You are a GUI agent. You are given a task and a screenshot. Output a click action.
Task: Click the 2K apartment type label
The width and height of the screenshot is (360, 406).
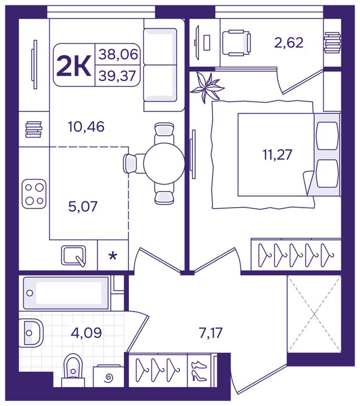pos(74,66)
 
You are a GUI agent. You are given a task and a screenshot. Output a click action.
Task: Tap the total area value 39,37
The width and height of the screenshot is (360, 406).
pos(117,75)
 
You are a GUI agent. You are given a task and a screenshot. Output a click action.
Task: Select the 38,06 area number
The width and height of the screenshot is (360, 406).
pos(118,55)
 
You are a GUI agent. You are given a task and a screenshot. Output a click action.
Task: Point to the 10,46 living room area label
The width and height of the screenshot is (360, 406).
pos(86,126)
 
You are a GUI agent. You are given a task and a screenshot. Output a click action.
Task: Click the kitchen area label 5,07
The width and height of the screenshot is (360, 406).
pos(82,206)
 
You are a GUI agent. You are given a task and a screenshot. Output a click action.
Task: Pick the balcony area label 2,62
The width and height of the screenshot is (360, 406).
pos(289,42)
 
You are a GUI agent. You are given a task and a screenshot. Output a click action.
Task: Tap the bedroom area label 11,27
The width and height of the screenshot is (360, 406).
pos(277,155)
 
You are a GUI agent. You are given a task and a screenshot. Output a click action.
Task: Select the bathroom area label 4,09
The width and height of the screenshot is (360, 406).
pos(86,332)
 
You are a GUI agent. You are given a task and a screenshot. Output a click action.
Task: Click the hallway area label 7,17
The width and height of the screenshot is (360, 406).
pos(211,332)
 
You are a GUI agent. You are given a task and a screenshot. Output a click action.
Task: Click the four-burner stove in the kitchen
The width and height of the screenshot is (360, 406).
pos(34,194)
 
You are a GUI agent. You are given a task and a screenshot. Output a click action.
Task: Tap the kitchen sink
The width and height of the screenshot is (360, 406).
pos(74,256)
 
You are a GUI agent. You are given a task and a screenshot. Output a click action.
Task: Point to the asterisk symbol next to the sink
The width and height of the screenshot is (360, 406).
pos(113,256)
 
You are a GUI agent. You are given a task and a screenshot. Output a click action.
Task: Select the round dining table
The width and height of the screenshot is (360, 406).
pos(164,164)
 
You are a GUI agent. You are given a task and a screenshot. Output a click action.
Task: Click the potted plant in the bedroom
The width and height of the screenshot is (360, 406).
pos(207,88)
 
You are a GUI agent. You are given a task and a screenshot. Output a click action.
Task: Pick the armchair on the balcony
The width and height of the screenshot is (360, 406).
pos(236,43)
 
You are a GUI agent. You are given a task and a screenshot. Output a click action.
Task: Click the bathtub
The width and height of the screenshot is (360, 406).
pos(66,293)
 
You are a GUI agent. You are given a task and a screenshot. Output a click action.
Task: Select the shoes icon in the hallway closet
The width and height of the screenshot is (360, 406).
pos(199,371)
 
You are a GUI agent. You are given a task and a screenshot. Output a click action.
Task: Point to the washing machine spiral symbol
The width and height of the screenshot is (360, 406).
pos(109,379)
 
